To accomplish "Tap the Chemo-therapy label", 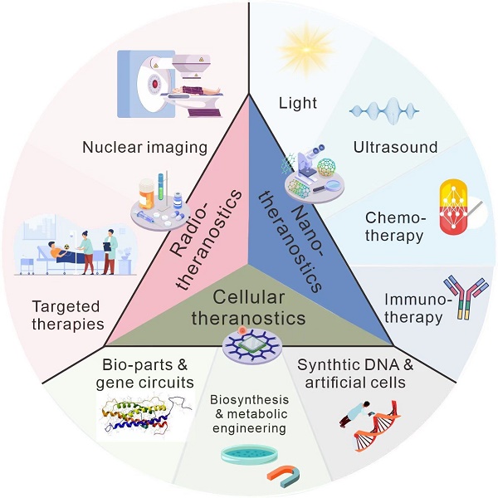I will (395, 227).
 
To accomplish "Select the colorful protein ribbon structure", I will (142, 414).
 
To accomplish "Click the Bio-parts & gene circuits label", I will (149, 373).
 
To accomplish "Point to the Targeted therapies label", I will (65, 315).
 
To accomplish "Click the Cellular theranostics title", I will (248, 307).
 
